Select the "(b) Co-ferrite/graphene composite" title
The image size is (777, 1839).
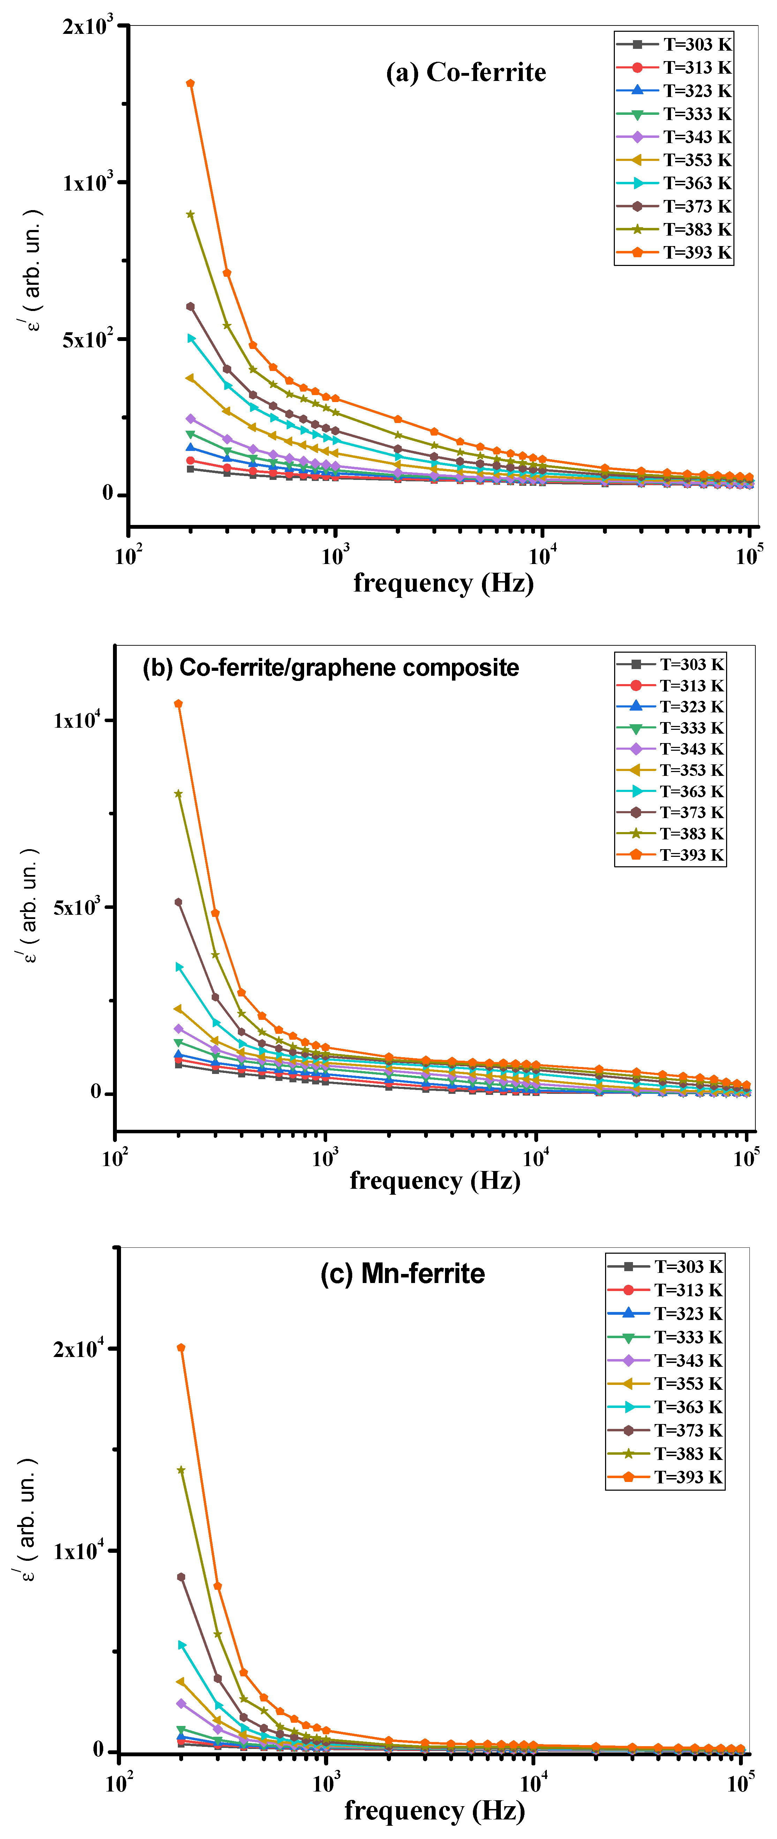[x=330, y=667]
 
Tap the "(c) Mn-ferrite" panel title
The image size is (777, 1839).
[x=402, y=1274]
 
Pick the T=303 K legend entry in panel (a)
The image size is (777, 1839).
[x=674, y=44]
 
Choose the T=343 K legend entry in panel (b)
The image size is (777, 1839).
[x=671, y=749]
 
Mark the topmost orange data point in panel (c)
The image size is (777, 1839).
[x=181, y=1348]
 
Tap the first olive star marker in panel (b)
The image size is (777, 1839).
[x=178, y=794]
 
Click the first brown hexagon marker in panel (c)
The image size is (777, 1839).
[x=181, y=1577]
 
